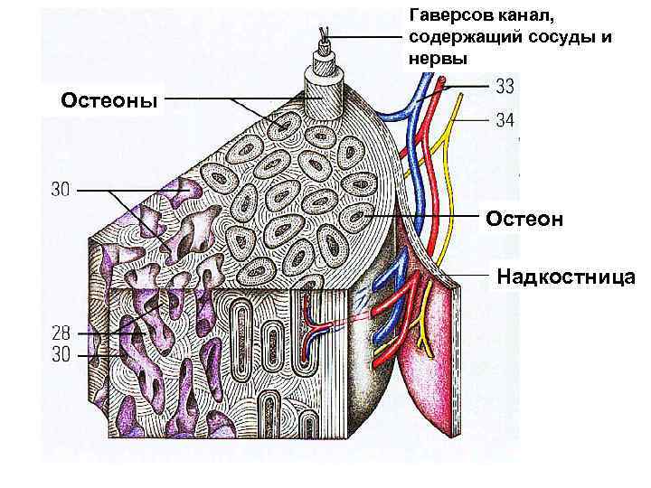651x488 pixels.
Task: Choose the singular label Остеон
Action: click(524, 219)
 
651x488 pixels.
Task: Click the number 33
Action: click(505, 88)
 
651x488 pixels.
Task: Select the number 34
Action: click(505, 118)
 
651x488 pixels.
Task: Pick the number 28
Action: click(60, 333)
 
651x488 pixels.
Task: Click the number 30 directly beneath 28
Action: click(60, 355)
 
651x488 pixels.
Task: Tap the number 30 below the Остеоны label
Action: click(60, 191)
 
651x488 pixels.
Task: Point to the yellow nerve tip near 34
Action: click(474, 117)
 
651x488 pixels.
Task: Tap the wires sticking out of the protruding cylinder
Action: click(325, 36)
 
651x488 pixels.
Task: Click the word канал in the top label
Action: click(524, 16)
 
